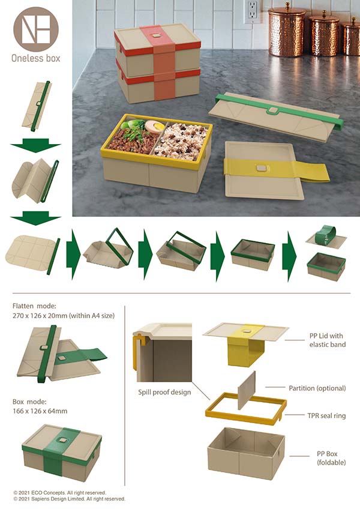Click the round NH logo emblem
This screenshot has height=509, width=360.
(x=36, y=29)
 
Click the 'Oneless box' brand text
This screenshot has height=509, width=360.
(x=36, y=58)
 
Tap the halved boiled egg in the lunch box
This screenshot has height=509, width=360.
(x=155, y=127)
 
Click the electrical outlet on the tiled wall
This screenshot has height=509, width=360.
(x=253, y=11)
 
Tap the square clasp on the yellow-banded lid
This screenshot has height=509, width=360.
(x=260, y=168)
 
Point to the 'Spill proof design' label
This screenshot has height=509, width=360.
(x=164, y=392)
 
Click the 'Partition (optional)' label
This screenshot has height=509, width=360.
(x=317, y=388)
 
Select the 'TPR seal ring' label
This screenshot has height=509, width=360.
(x=326, y=415)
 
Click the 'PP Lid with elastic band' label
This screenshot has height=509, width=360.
(x=327, y=340)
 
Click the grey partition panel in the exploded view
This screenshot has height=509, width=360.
(x=247, y=391)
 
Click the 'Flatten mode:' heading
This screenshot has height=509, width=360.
(x=34, y=306)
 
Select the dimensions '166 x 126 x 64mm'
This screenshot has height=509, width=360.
(x=40, y=411)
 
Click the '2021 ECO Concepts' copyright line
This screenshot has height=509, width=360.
(x=60, y=492)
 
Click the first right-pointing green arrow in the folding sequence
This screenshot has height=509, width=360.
(x=73, y=254)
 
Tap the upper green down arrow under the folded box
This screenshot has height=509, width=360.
(x=36, y=145)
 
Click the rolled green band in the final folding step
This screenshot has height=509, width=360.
(x=325, y=234)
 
